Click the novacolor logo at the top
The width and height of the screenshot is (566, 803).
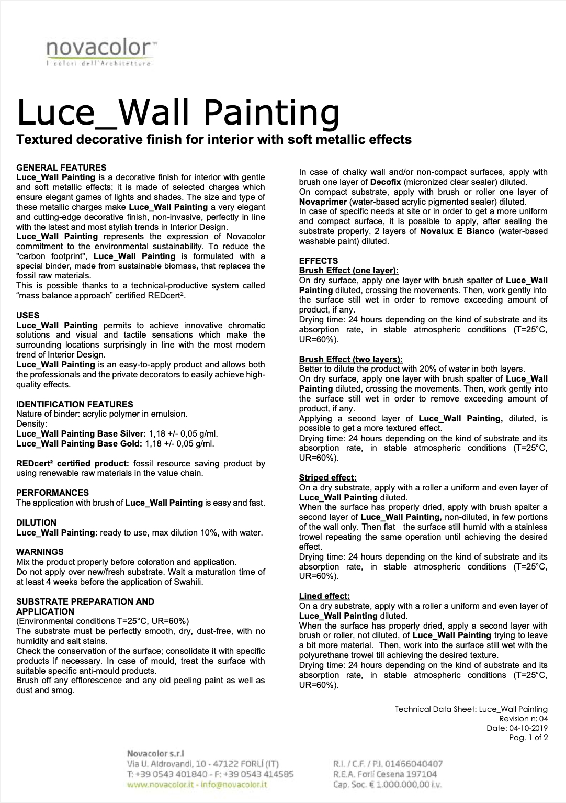click(99, 53)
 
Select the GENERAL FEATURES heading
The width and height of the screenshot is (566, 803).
click(61, 168)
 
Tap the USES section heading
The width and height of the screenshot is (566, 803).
click(28, 315)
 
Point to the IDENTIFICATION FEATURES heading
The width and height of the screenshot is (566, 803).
click(74, 404)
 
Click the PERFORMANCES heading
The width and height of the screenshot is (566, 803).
click(52, 493)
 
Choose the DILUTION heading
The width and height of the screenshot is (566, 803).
click(36, 522)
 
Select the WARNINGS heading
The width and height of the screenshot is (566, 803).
click(40, 552)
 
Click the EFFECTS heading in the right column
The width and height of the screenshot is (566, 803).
click(319, 261)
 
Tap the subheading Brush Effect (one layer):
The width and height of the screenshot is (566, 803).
click(349, 271)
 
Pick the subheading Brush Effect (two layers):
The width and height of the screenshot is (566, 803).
click(351, 359)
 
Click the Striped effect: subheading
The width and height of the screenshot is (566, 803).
click(328, 477)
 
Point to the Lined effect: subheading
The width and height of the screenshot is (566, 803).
click(324, 596)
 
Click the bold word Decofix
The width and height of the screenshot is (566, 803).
click(389, 182)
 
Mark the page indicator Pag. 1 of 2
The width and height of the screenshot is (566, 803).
click(528, 738)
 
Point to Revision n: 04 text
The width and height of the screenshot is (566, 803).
click(524, 719)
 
